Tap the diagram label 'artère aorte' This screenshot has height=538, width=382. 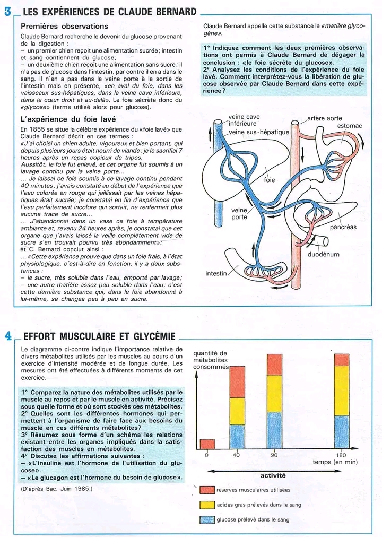click(325, 118)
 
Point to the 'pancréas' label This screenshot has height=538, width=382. click(343, 227)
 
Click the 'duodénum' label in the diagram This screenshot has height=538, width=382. click(324, 254)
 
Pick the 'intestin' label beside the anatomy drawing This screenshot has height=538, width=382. click(216, 274)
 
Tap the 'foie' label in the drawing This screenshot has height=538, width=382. click(269, 180)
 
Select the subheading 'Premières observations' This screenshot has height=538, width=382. click(64, 26)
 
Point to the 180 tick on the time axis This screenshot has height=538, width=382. click(342, 455)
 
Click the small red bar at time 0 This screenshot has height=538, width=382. click(207, 444)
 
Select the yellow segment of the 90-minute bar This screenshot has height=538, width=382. click(274, 393)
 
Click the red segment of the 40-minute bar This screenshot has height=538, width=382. click(237, 381)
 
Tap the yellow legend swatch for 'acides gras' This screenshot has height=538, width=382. click(207, 505)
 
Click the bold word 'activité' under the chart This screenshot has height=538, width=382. click(273, 475)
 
